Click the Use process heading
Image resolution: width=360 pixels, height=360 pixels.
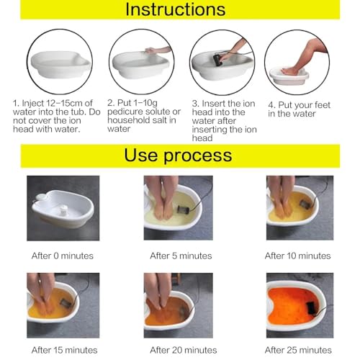point(178,155)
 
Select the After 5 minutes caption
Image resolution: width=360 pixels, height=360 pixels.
point(181,256)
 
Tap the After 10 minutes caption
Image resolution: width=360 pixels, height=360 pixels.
point(297,256)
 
